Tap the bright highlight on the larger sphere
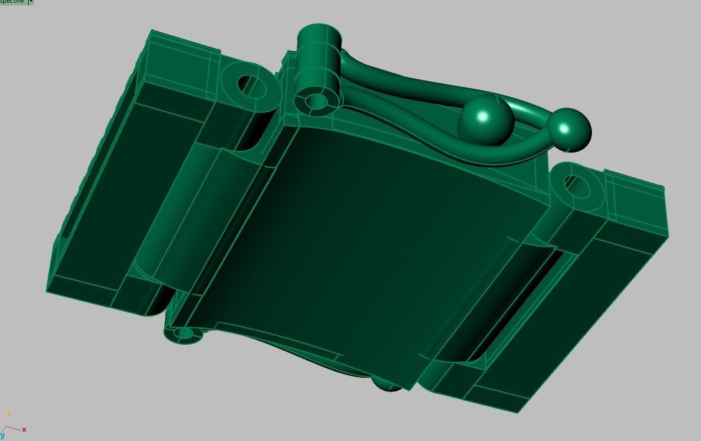coord(483,116)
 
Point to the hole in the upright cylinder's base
coord(315,102)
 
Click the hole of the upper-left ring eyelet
coord(251,86)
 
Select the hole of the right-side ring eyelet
coord(576,187)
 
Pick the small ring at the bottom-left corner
coord(184,334)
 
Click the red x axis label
coord(24,429)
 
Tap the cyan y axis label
coord(3,435)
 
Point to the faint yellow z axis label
coord(9,413)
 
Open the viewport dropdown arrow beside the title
coord(31,2)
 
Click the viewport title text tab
coord(12,2)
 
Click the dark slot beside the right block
coord(518,308)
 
